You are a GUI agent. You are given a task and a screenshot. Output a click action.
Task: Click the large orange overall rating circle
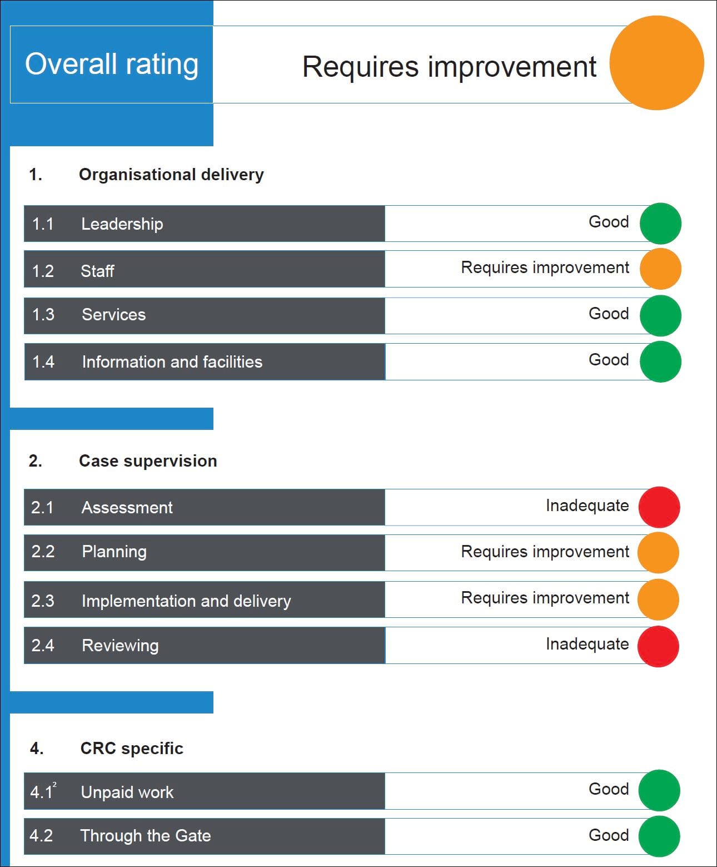656,63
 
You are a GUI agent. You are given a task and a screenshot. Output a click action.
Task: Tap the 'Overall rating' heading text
112,64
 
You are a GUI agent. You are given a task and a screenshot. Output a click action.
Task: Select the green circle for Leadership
660,224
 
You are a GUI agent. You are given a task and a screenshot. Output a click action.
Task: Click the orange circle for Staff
660,269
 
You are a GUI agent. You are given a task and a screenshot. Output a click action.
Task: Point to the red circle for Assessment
659,507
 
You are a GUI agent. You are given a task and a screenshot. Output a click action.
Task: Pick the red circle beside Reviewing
658,646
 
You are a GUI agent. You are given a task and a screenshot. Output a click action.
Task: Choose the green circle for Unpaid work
659,790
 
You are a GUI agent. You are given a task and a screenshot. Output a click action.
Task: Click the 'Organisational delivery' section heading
171,175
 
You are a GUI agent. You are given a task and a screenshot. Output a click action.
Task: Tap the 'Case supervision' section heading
148,461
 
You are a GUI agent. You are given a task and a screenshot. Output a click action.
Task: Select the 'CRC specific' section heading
132,749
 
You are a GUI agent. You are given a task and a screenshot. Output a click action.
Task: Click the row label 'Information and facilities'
172,362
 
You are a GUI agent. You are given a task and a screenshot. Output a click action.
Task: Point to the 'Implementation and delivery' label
186,601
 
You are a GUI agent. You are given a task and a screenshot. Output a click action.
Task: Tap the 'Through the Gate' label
146,836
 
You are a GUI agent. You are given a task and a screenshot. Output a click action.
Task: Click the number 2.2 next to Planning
43,552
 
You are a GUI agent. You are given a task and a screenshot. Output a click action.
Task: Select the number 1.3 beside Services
43,315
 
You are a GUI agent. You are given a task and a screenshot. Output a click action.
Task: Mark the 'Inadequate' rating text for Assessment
587,506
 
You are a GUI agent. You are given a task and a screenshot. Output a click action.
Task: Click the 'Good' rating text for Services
609,314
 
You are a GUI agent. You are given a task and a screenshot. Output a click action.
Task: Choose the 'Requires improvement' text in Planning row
545,552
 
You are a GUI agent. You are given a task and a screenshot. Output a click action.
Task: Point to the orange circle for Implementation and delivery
658,600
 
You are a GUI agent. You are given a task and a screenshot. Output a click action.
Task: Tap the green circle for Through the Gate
659,836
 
